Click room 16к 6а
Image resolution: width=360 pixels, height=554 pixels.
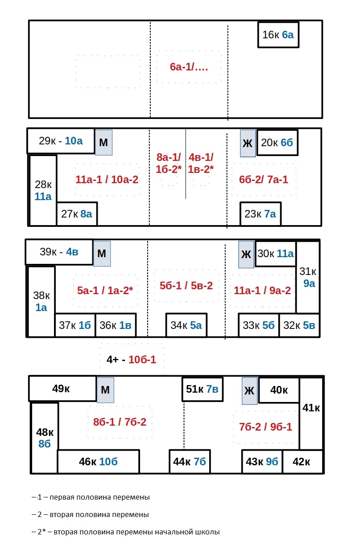278,35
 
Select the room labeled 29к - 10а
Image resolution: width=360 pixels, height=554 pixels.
61,141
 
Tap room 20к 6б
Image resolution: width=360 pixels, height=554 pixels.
277,143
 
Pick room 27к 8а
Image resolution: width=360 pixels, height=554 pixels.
77,214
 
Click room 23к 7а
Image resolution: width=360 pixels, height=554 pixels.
261,214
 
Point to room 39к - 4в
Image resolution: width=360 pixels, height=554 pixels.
59,252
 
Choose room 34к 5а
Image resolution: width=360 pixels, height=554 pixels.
186,325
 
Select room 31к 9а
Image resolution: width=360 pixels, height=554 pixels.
308,277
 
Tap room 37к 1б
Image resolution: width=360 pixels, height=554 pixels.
75,325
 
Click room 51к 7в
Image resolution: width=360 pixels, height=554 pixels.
202,389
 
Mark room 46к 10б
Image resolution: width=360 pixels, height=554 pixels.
98,461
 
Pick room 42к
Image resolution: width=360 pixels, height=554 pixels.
302,461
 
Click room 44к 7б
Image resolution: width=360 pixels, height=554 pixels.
190,461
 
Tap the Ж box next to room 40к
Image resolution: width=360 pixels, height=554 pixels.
249,391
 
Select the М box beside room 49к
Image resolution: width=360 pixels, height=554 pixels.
105,390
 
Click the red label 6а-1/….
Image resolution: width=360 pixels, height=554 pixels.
189,67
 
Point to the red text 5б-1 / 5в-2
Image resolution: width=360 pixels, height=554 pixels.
186,286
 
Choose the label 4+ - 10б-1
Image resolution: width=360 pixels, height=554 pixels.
132,359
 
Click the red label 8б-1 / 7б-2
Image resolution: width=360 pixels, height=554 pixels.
120,422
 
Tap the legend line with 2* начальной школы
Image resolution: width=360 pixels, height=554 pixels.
126,532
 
